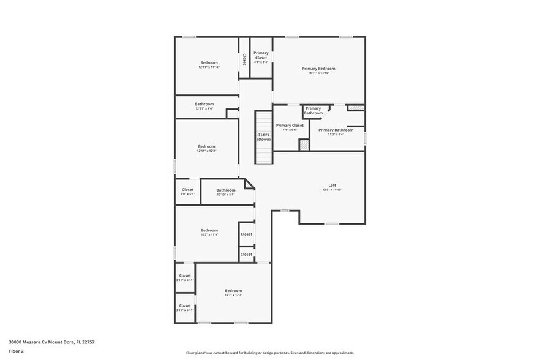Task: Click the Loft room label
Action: point(332,185)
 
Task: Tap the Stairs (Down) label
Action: point(264,137)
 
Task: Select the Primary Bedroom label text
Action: point(318,69)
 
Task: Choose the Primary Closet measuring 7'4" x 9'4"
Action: point(290,127)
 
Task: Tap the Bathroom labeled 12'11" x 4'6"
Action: point(204,106)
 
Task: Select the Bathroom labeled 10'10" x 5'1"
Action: point(225,192)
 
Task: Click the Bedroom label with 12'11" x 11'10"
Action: point(209,64)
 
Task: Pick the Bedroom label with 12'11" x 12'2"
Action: point(206,148)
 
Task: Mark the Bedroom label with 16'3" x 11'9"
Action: point(209,232)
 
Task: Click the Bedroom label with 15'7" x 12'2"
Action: point(233,292)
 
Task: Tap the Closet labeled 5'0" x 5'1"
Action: point(187,191)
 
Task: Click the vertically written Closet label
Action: point(244,59)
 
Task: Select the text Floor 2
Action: point(17,351)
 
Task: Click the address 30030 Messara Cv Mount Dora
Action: point(51,342)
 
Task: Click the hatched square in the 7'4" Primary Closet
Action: point(303,144)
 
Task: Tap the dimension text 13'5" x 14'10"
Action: point(332,190)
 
